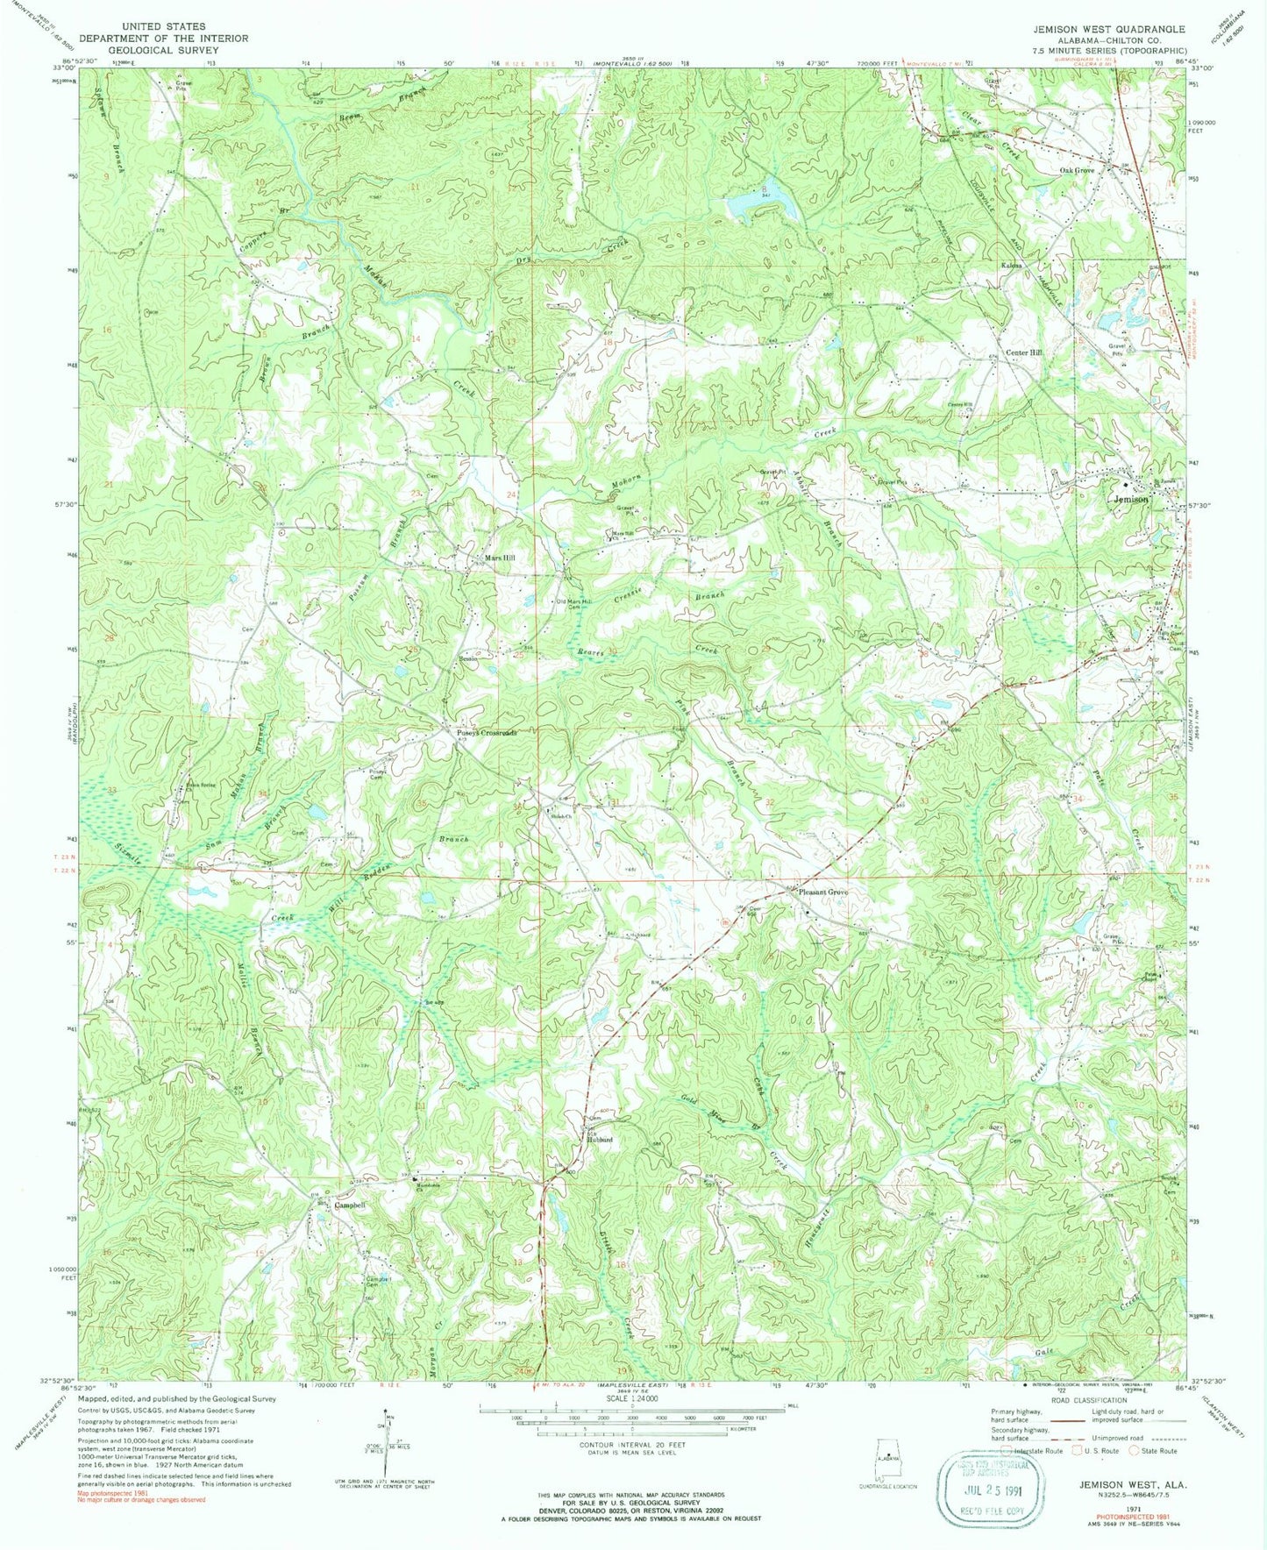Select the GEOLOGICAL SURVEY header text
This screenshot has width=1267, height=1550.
click(163, 50)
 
